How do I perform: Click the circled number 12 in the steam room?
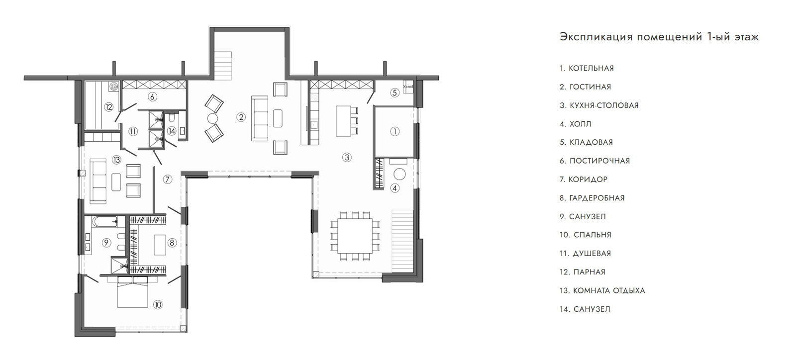108,106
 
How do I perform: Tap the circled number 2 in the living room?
241,117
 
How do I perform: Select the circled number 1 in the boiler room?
395,132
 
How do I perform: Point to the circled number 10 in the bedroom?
158,304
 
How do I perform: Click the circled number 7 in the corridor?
168,180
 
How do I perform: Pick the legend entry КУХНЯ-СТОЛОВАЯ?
604,105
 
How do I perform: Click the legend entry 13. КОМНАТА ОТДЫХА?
602,291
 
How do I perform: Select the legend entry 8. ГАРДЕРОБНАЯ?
592,198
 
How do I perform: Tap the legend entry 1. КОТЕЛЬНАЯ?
587,68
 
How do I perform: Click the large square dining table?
355,236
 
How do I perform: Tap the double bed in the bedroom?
132,292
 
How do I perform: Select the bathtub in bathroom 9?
104,222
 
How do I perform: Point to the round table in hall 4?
399,175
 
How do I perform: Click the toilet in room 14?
172,117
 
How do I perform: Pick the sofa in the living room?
259,118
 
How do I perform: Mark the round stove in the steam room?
113,87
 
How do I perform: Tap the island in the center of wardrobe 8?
160,245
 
